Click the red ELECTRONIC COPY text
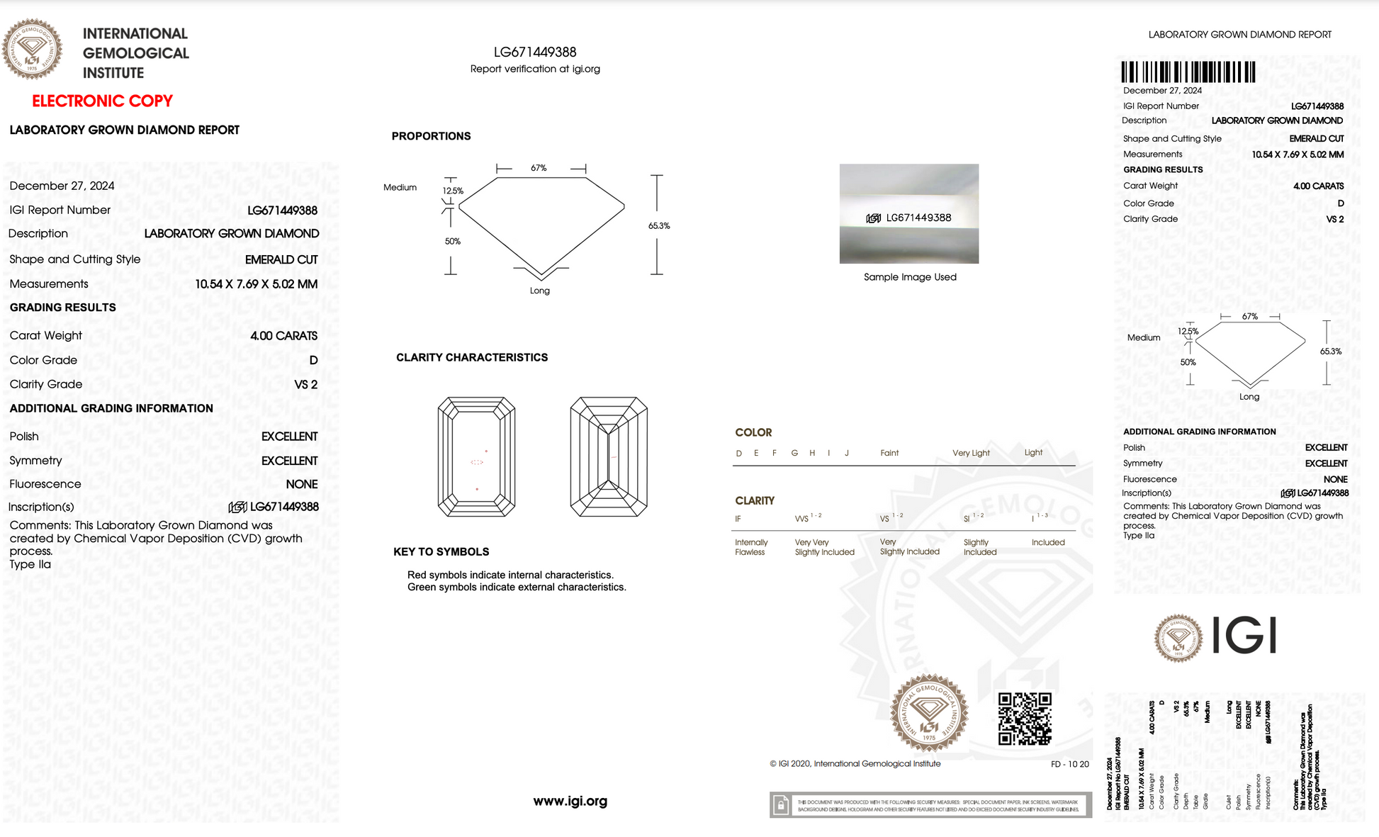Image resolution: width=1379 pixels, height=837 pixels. (102, 101)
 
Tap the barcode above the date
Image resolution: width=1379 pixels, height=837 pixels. (1188, 72)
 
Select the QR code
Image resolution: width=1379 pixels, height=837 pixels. (1025, 719)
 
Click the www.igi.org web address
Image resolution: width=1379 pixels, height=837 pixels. (570, 801)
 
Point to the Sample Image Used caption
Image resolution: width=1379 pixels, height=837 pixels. (910, 277)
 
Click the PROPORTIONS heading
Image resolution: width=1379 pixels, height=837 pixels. (431, 136)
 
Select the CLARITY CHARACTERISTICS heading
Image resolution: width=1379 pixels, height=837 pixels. (472, 357)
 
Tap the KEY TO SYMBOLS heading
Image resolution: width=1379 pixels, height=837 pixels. (441, 551)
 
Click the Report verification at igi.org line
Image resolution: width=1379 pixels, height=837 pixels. (535, 69)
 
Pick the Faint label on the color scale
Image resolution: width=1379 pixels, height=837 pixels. (889, 453)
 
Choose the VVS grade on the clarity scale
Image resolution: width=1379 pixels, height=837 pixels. (802, 519)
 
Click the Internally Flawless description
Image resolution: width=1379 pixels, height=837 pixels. (750, 547)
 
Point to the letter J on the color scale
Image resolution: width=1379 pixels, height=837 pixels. (847, 453)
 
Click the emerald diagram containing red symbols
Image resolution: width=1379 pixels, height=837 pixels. (476, 457)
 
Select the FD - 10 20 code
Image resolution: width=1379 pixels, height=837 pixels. (1069, 764)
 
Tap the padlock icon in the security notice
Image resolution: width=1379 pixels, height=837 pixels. (781, 805)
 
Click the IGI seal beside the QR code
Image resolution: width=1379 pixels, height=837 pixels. (929, 713)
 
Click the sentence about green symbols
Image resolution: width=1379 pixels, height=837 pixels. (517, 587)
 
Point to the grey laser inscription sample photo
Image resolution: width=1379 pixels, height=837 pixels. (909, 214)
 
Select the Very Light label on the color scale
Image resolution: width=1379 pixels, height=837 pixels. (971, 453)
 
